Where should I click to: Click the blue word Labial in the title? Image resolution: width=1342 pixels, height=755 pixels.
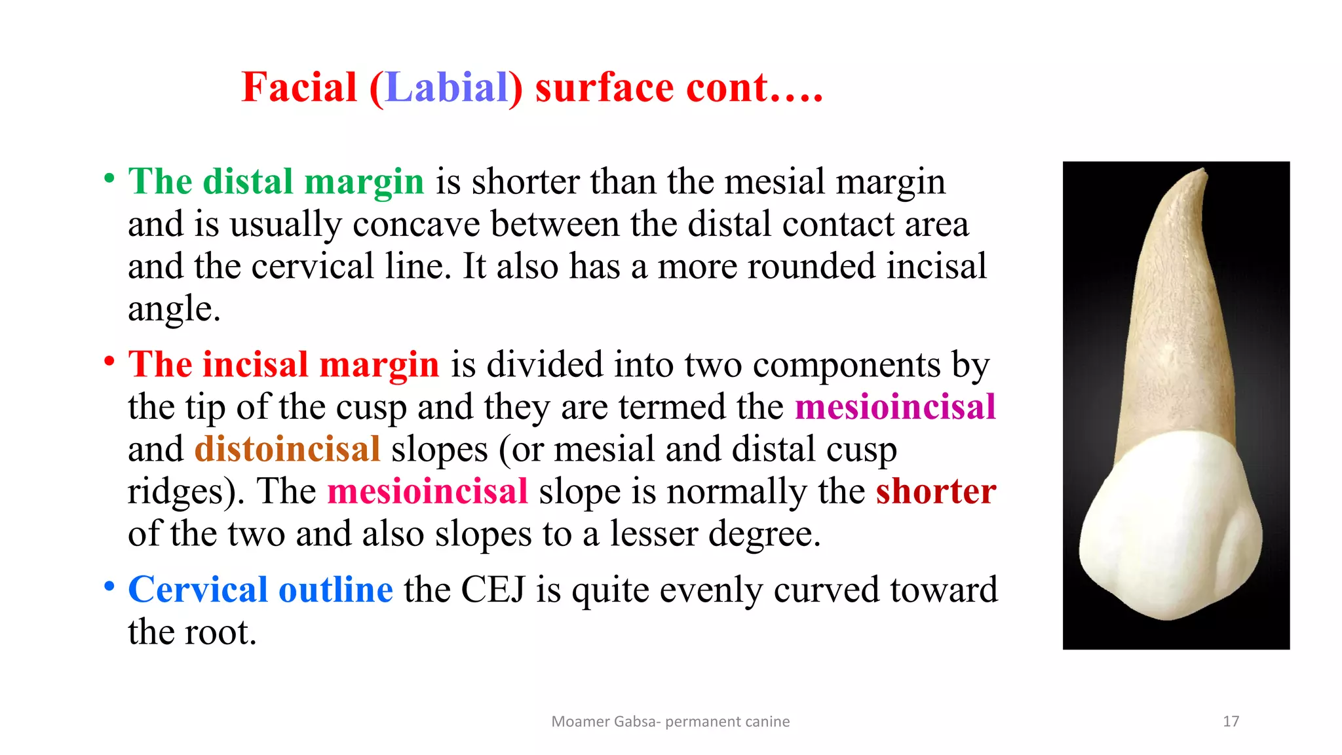pos(448,88)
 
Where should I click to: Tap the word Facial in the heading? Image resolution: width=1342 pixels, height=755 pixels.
pos(299,88)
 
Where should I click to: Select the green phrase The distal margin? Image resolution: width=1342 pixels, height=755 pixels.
pos(276,182)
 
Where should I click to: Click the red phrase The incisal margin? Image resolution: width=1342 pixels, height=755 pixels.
pos(283,364)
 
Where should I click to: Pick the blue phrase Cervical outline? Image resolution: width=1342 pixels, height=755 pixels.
pos(260,589)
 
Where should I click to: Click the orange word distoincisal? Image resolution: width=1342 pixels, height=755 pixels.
pos(287,450)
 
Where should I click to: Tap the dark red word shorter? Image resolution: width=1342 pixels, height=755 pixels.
pos(935,492)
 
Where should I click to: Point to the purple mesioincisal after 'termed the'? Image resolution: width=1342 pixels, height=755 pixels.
pos(894,407)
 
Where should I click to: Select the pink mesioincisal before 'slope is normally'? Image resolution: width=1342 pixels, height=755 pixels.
pos(427,492)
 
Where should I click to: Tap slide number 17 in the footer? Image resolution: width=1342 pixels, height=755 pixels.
pos(1231,722)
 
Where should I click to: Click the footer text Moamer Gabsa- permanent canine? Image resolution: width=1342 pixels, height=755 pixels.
pos(670,722)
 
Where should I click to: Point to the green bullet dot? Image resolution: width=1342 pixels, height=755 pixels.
pos(109,178)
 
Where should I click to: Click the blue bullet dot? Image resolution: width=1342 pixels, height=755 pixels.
pos(109,586)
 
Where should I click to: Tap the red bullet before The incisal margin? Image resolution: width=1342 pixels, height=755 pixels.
pos(109,361)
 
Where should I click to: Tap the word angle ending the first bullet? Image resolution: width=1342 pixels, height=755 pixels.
pos(173,309)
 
